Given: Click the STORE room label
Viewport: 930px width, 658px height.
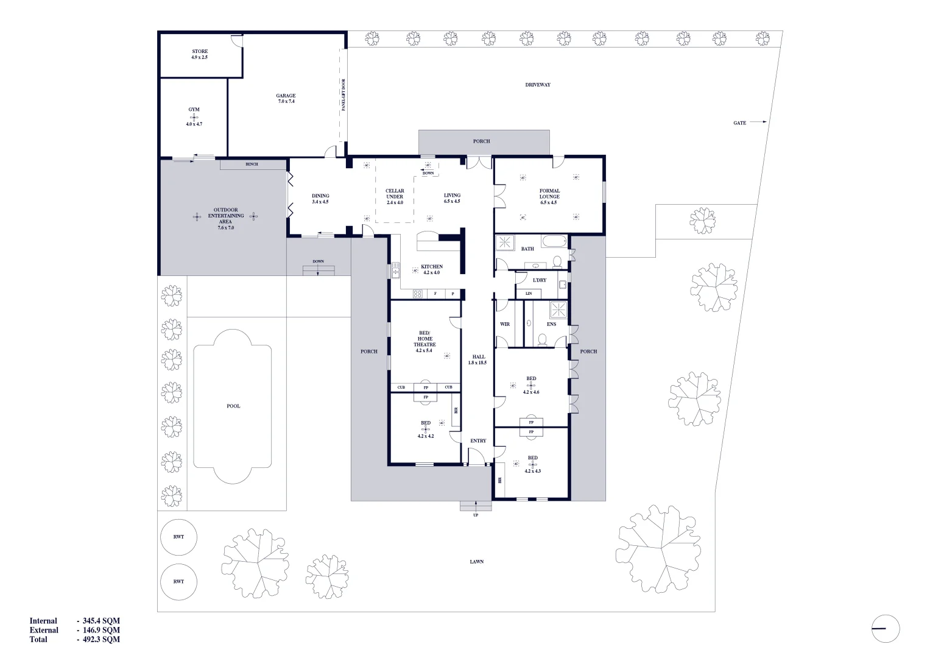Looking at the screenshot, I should [x=200, y=54].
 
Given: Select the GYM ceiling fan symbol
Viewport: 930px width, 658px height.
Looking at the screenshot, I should [x=194, y=117].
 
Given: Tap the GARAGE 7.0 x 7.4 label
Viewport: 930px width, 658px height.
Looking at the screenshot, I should [x=286, y=98].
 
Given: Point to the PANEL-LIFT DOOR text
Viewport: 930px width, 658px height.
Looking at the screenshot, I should [x=343, y=94].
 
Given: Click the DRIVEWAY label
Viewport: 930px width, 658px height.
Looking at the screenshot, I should [x=537, y=85].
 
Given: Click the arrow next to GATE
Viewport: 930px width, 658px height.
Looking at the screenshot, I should [x=758, y=122].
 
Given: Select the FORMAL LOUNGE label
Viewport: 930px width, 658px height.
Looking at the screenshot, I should [x=549, y=196].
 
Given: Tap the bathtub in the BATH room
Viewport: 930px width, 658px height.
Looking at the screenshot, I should [x=554, y=242].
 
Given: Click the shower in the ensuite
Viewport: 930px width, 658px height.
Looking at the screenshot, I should [x=558, y=310].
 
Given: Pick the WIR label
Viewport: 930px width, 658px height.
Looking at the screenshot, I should [x=504, y=324].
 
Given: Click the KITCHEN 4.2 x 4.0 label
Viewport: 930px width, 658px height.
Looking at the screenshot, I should [x=432, y=269].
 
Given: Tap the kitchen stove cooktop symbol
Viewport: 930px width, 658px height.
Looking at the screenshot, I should [x=418, y=294].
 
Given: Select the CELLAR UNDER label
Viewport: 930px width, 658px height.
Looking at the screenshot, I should [x=395, y=196].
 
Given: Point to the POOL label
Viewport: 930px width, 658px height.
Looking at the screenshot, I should [x=233, y=406].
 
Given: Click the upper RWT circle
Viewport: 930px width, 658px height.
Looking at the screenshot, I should [x=178, y=537].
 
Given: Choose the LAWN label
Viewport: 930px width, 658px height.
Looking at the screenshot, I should [x=476, y=562].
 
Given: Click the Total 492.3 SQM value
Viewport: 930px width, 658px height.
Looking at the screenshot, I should [x=101, y=640].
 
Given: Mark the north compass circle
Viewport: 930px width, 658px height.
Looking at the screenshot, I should [x=885, y=628].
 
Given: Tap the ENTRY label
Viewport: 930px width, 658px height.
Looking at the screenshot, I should [x=478, y=440].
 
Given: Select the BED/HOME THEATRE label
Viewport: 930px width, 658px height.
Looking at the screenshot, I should [x=424, y=341].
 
